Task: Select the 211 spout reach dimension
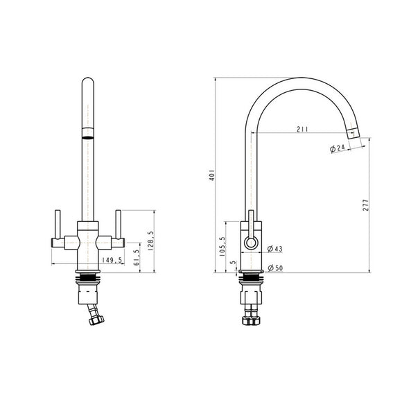302,128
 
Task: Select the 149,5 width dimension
113,261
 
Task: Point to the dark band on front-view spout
87,133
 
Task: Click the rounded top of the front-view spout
88,83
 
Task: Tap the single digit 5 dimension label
234,263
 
